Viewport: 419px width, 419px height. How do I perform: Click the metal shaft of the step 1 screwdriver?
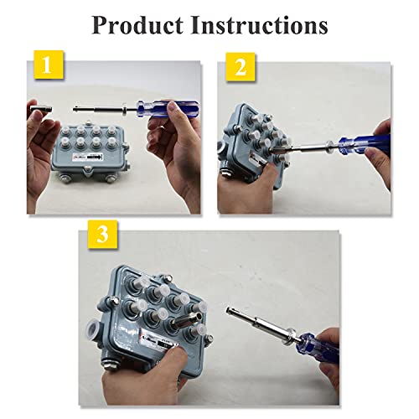click(x=101, y=108)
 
